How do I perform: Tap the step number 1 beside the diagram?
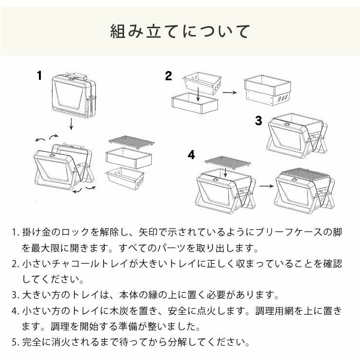click(39, 75)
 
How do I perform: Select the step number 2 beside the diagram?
click(168, 75)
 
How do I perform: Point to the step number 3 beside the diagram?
click(258, 121)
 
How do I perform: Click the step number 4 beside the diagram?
click(192, 155)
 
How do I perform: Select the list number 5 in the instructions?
click(15, 342)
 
